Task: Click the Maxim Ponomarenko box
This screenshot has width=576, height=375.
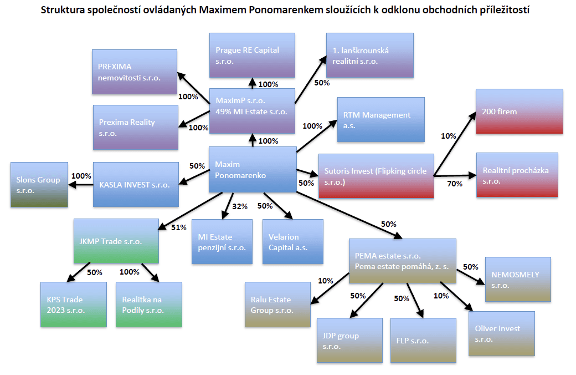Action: tap(251, 170)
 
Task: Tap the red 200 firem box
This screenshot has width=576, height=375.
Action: tap(519, 111)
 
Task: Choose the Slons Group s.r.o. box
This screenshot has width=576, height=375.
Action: tap(39, 185)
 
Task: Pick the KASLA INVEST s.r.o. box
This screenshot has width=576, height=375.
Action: tap(136, 184)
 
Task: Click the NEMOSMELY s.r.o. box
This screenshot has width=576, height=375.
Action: tap(518, 279)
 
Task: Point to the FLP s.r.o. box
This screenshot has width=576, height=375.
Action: tap(424, 340)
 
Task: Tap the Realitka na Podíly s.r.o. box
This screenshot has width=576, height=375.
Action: tap(148, 305)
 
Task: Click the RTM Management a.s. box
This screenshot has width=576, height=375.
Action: tap(380, 120)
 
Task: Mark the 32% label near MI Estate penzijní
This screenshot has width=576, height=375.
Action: tap(240, 207)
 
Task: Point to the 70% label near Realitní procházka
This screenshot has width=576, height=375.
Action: tap(455, 184)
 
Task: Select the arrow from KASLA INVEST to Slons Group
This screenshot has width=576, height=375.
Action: tap(80, 184)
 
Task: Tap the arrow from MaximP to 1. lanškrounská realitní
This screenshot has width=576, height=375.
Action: tap(310, 80)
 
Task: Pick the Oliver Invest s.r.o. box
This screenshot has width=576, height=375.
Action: tap(501, 333)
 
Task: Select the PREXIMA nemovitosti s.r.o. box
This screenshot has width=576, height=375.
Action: tap(135, 72)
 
